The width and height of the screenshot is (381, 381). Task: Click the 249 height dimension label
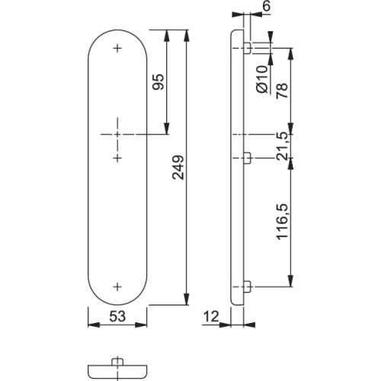pyautogui.click(x=178, y=168)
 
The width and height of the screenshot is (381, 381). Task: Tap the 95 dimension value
pyautogui.click(x=158, y=82)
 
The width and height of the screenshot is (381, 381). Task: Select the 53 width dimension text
pyautogui.click(x=117, y=316)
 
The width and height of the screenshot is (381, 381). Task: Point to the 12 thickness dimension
pyautogui.click(x=211, y=316)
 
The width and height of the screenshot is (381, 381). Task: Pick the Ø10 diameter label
pyautogui.click(x=262, y=79)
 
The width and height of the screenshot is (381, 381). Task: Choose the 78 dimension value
pyautogui.click(x=282, y=91)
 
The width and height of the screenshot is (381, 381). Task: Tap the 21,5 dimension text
pyautogui.click(x=282, y=146)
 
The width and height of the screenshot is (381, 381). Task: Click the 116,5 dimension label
pyautogui.click(x=282, y=222)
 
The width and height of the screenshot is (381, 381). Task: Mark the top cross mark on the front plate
pyautogui.click(x=117, y=48)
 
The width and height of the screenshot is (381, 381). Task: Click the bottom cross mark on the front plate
pyautogui.click(x=117, y=287)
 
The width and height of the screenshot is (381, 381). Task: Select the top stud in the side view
pyautogui.click(x=248, y=48)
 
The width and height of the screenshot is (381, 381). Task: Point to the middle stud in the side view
pyautogui.click(x=248, y=158)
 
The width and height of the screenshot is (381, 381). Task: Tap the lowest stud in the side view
pyautogui.click(x=248, y=287)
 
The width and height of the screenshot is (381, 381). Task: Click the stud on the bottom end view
pyautogui.click(x=117, y=362)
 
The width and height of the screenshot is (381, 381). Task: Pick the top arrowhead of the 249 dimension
pyautogui.click(x=187, y=36)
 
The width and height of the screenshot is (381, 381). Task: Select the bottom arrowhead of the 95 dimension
pyautogui.click(x=167, y=128)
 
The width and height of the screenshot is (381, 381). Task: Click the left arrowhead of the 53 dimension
pyautogui.click(x=94, y=325)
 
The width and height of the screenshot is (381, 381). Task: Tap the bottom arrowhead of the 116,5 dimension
pyautogui.click(x=291, y=280)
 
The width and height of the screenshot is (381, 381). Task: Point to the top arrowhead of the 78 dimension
pyautogui.click(x=291, y=54)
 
